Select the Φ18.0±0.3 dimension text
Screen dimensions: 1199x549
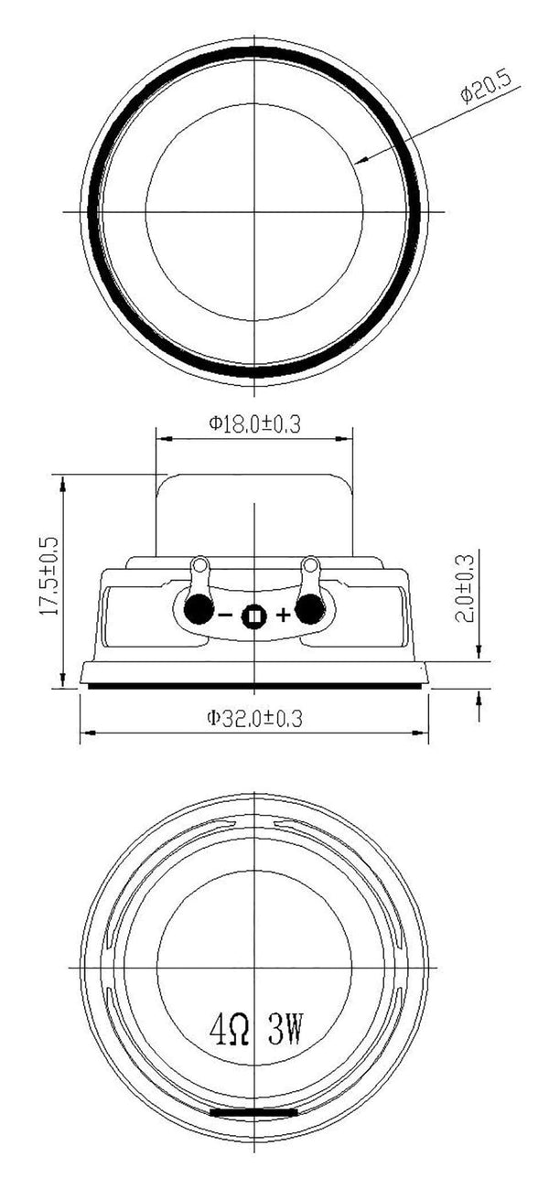(254, 423)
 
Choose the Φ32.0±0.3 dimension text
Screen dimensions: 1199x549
(254, 719)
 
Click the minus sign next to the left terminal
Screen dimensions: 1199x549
(224, 616)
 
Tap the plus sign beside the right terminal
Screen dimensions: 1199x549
(283, 616)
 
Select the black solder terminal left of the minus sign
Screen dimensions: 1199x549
(197, 609)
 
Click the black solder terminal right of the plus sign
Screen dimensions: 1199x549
(310, 609)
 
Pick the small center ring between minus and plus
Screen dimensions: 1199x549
(253, 617)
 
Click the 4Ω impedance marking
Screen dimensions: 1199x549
(231, 1033)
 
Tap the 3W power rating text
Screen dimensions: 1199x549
(285, 1033)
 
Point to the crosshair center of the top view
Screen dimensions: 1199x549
(253, 211)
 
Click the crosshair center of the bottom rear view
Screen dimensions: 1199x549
(253, 966)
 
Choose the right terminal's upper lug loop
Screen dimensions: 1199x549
(309, 564)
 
